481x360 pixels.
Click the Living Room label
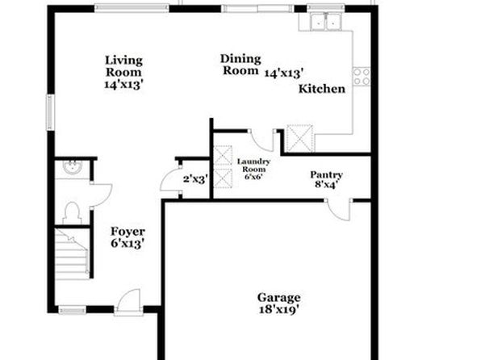tap(123, 66)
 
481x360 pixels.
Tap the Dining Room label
tap(240, 64)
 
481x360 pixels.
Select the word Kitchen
tap(322, 89)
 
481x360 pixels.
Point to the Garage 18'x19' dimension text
tap(279, 309)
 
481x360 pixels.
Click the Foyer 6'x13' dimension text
tap(128, 244)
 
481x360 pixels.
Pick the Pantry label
tap(326, 174)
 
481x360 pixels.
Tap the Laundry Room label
tap(253, 165)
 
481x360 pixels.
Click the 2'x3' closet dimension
tap(195, 178)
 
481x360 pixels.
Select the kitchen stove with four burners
tap(362, 77)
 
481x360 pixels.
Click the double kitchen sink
tap(325, 22)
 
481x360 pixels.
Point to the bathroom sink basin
tap(73, 168)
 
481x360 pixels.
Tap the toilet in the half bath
tap(73, 212)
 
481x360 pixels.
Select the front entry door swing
tap(128, 302)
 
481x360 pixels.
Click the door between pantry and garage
tap(339, 209)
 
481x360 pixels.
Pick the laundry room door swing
tap(261, 140)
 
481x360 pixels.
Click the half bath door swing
tap(101, 195)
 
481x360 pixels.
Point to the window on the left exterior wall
tap(50, 112)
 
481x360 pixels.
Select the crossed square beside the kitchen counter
tap(299, 138)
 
